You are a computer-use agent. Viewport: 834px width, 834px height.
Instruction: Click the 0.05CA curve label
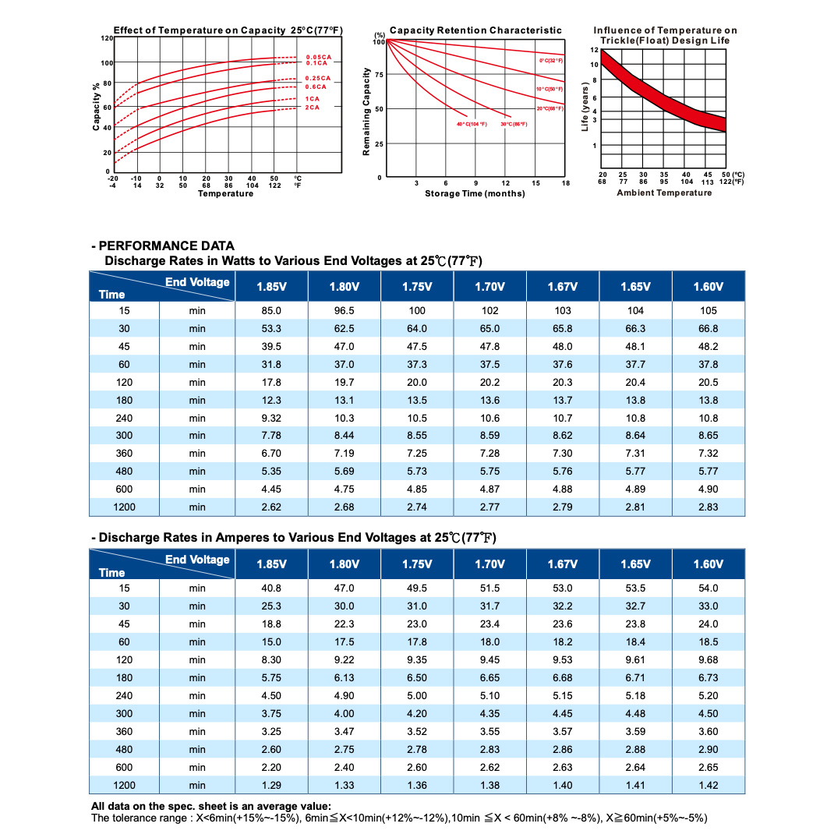[x=319, y=57]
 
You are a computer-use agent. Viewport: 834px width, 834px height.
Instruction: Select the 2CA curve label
[x=313, y=108]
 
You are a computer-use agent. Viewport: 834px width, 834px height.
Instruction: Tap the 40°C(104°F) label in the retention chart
[x=472, y=124]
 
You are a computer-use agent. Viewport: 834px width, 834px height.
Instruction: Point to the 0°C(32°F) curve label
[x=551, y=61]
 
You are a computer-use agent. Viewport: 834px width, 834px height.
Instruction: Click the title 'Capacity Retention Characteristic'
[x=475, y=30]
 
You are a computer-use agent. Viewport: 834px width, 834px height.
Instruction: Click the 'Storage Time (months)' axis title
[x=475, y=193]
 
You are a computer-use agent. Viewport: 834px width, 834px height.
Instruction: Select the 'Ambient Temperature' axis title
[x=664, y=193]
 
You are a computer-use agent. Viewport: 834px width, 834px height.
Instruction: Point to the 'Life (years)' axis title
[x=585, y=106]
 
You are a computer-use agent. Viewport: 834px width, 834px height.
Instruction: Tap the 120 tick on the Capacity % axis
[x=107, y=38]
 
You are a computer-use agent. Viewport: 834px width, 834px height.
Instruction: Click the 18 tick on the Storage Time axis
[x=565, y=183]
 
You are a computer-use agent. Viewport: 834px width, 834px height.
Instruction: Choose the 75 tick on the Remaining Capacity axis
[x=379, y=75]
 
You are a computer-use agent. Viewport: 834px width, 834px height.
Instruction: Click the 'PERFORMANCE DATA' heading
[x=167, y=246]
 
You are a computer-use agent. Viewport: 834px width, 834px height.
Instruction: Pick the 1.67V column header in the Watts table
[x=563, y=287]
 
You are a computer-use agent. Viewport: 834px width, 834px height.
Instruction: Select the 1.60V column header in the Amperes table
[x=708, y=564]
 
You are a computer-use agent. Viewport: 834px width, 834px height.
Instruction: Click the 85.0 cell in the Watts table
[x=271, y=311]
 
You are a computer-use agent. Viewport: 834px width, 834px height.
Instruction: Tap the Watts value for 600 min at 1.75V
[x=417, y=489]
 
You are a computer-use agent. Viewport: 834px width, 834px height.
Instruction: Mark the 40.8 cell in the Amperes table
[x=271, y=588]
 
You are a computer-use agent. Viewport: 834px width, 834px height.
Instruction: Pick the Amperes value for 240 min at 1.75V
[x=417, y=696]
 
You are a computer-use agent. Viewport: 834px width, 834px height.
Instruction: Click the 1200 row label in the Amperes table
[x=124, y=786]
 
